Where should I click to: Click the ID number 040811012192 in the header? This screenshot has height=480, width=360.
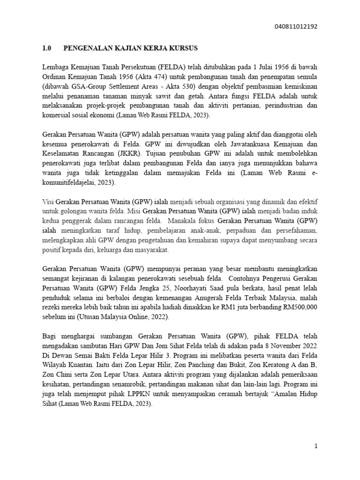point(295,27)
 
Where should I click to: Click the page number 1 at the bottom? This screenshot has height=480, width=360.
point(316,446)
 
